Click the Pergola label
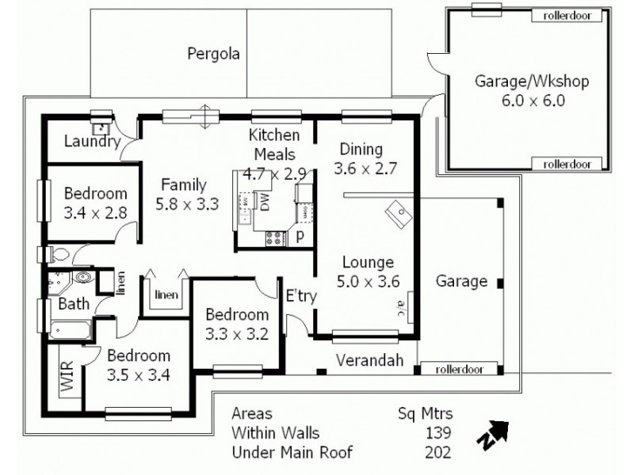[x=213, y=54]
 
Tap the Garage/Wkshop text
[x=521, y=82]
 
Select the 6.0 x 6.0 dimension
[x=521, y=101]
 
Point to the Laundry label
[x=91, y=142]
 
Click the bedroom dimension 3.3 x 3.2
[x=235, y=332]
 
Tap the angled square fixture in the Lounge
[x=398, y=211]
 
